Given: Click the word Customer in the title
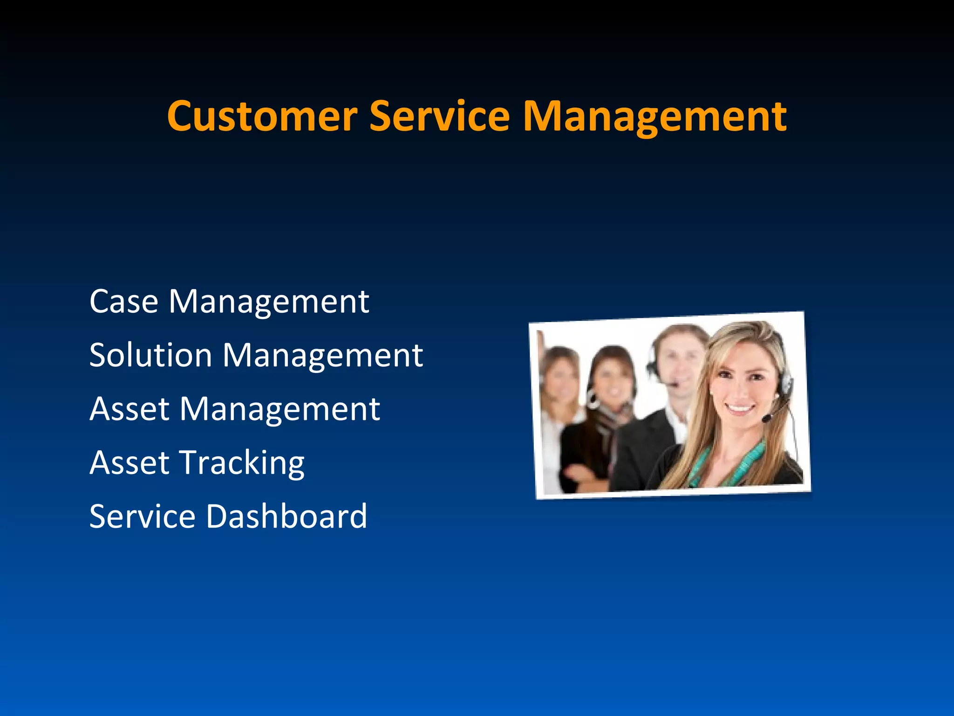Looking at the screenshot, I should click(262, 117).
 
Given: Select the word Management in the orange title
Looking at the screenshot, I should click(654, 117).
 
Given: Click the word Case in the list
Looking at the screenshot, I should click(123, 302).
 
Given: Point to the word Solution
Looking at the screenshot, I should click(150, 355).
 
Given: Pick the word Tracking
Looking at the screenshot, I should click(242, 463).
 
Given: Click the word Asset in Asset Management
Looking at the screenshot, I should click(129, 409).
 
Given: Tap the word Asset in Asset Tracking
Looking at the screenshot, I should click(129, 463).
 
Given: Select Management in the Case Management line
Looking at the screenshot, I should click(269, 302).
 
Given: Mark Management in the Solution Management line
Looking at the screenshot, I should click(323, 355).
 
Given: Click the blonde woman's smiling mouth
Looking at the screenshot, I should click(740, 409).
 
